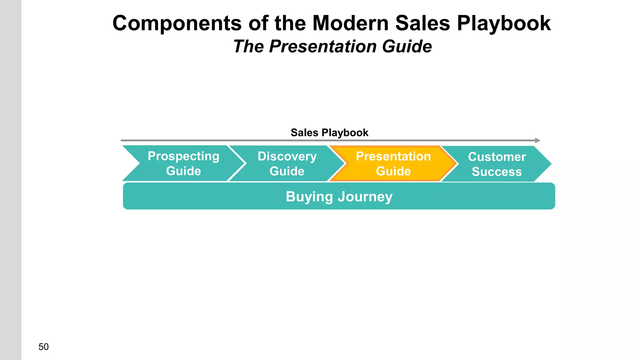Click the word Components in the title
(177, 23)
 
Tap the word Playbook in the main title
(504, 23)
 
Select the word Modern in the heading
(350, 23)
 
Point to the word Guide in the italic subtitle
(407, 47)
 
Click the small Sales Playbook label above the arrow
(329, 132)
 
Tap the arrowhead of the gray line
(537, 140)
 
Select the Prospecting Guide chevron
(183, 163)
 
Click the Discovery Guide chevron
(287, 163)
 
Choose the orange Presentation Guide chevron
(393, 163)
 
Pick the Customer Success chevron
(497, 164)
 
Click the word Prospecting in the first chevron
(183, 156)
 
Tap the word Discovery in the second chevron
(287, 156)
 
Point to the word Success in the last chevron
(497, 172)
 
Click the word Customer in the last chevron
(497, 157)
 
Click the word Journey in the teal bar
(365, 197)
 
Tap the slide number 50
(43, 347)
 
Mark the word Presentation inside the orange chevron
(393, 156)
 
